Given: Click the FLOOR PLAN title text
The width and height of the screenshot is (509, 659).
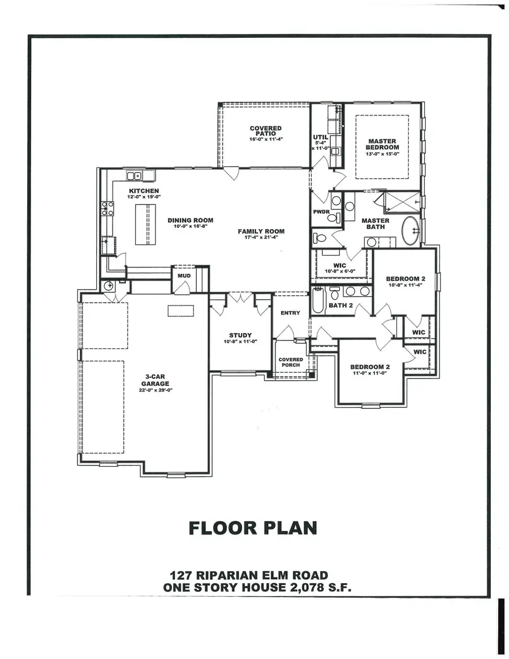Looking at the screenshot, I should click(252, 528).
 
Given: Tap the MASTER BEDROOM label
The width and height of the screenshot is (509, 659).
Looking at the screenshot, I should click(382, 144).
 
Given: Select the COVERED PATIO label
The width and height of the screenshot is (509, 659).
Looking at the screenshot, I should click(265, 131).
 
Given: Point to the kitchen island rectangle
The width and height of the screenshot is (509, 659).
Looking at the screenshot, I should click(144, 224).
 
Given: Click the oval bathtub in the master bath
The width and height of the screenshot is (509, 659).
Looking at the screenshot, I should click(411, 231).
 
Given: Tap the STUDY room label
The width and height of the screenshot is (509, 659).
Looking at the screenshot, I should click(240, 335).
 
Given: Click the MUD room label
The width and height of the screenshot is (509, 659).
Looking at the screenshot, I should click(184, 275).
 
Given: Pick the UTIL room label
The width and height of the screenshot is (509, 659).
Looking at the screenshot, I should click(320, 137).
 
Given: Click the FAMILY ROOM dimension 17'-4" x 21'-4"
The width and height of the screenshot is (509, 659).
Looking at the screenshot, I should click(261, 238).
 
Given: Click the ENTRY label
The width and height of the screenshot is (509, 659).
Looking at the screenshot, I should click(290, 313).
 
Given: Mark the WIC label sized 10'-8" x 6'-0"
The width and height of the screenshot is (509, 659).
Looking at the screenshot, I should click(339, 265).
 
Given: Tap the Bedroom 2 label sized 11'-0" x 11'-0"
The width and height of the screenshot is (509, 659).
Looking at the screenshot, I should click(370, 367).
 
